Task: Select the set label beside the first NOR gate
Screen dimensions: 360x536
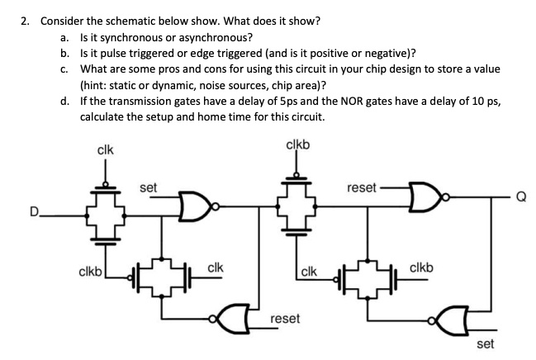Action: click(x=149, y=187)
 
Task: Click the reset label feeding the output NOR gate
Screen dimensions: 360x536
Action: click(x=363, y=187)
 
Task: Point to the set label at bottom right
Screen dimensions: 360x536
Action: click(x=486, y=343)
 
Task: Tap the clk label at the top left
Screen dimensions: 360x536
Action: click(x=105, y=150)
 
